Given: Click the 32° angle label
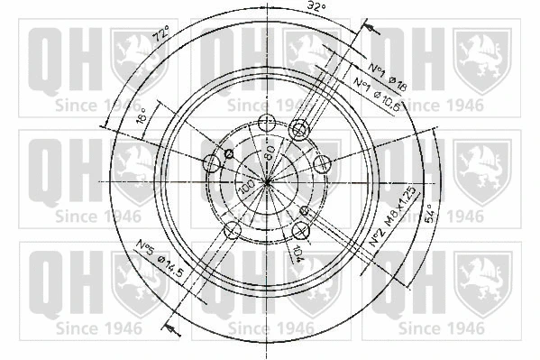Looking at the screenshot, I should (x=315, y=9).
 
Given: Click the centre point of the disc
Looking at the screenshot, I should (x=268, y=181).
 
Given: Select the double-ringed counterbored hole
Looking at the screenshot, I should (x=298, y=132).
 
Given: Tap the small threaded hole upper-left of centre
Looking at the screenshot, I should (x=229, y=154).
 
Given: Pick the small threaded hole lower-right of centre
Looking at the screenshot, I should (x=305, y=210).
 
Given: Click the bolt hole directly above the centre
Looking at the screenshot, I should (x=266, y=124).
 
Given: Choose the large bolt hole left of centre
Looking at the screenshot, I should (x=212, y=164).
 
